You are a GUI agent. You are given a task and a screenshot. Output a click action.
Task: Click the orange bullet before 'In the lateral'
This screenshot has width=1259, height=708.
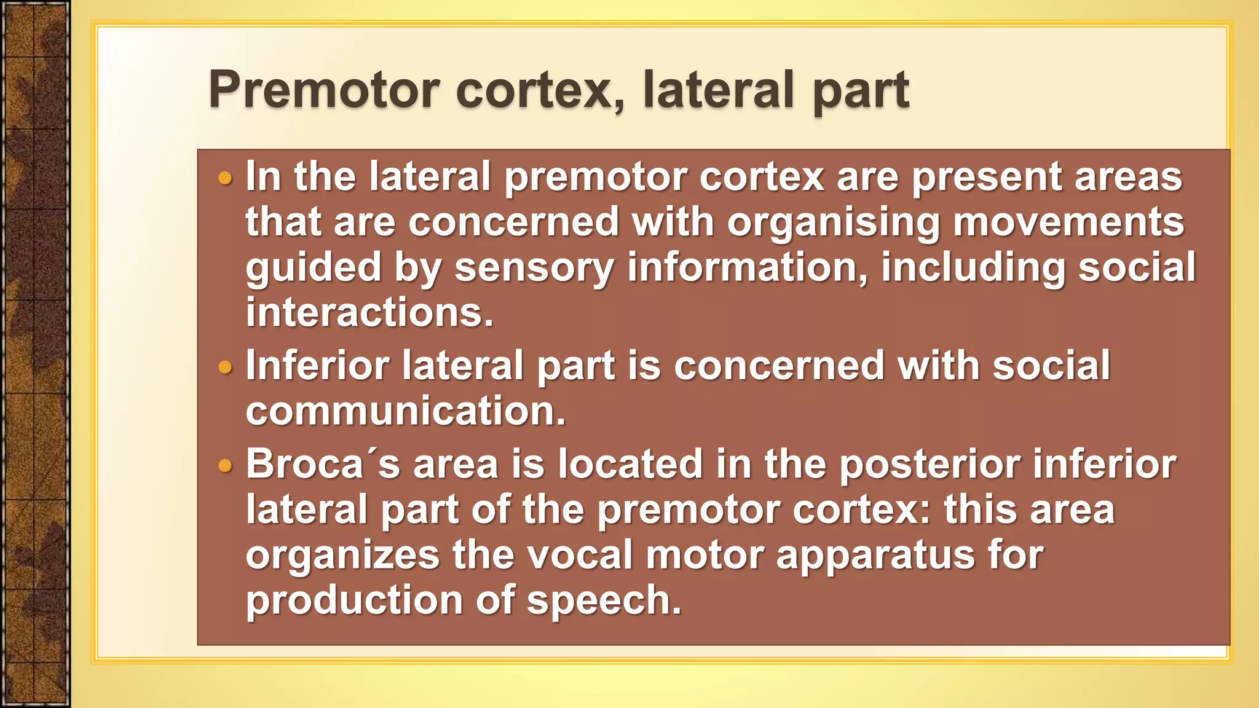point(226,179)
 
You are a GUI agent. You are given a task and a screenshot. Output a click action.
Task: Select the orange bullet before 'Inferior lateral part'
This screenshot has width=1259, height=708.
point(226,368)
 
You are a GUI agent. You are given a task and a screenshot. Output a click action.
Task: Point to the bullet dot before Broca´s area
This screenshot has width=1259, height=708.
point(226,465)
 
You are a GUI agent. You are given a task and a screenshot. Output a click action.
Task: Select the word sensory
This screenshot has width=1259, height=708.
point(534,269)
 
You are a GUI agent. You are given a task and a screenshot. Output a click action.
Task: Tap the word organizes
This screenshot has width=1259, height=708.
point(342,557)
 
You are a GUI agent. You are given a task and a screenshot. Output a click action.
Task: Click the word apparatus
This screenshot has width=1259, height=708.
point(875,557)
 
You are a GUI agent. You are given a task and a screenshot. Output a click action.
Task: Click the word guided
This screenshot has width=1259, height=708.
point(313,269)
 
